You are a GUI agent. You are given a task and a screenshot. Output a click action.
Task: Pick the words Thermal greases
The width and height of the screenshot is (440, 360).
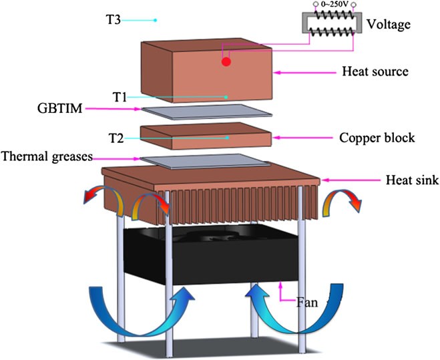[47, 158]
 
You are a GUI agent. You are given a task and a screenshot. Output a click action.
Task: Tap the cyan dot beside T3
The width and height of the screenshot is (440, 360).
[155, 20]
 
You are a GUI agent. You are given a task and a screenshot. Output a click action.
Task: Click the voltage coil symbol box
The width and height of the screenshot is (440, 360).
[326, 26]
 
